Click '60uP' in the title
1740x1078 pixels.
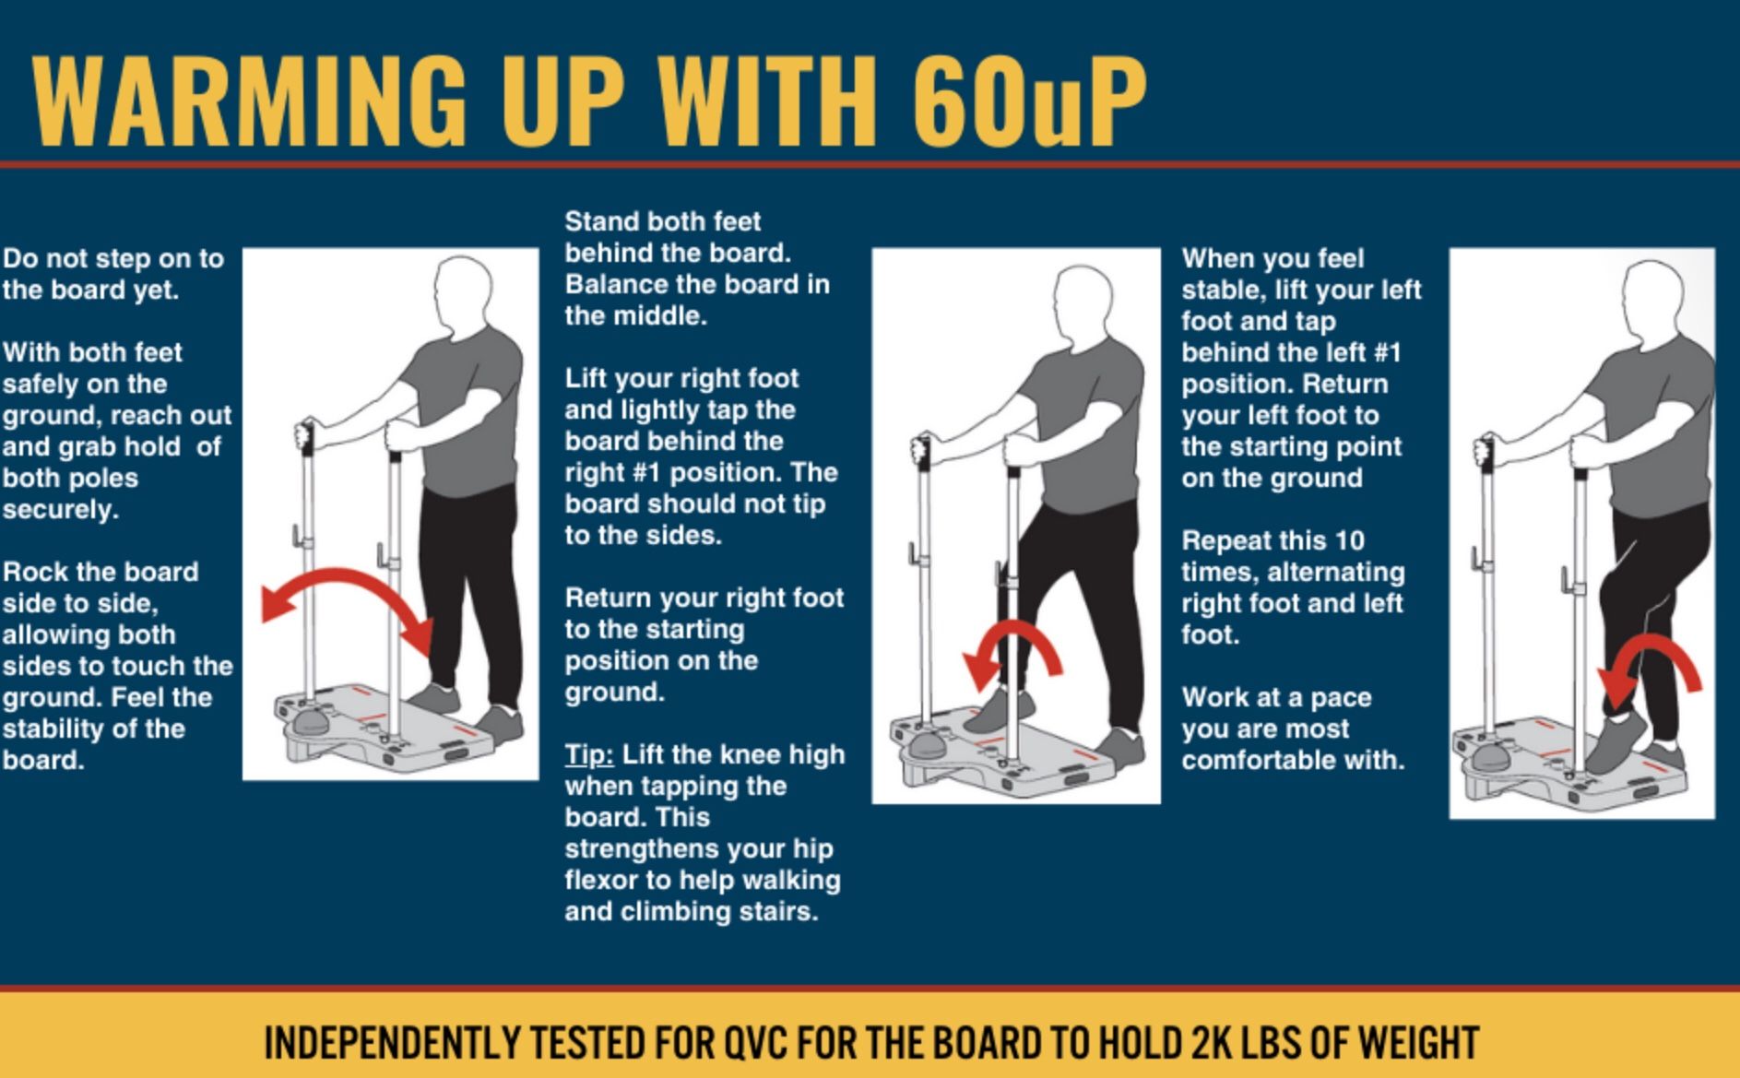[1028, 100]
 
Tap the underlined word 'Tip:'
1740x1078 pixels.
[588, 754]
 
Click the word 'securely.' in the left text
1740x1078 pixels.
[61, 510]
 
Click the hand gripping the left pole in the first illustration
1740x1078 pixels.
[305, 434]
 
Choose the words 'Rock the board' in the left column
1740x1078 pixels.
[101, 572]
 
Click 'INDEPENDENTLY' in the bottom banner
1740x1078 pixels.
[391, 1043]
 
